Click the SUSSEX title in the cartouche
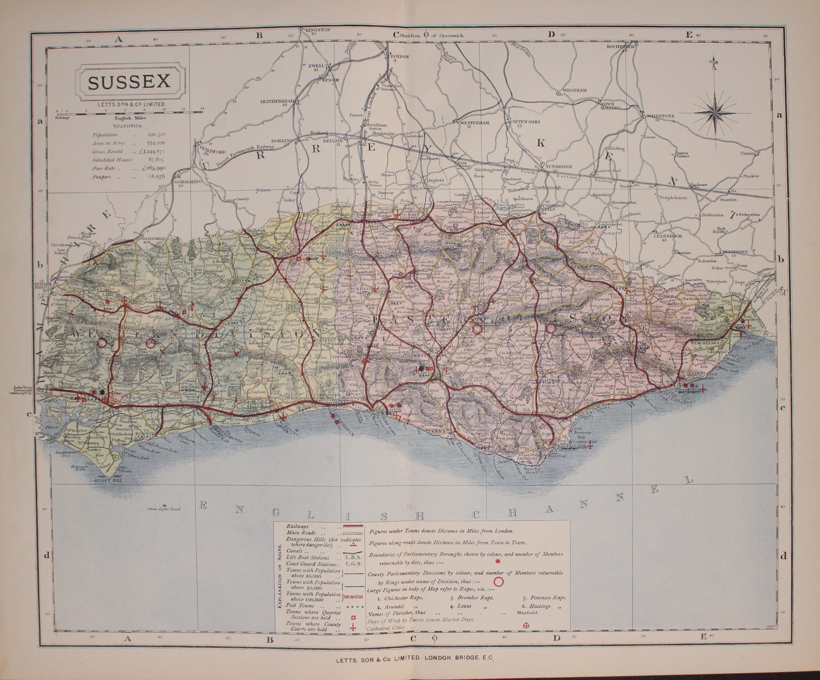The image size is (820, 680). (x=129, y=82)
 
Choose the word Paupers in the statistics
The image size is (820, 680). (x=102, y=177)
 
